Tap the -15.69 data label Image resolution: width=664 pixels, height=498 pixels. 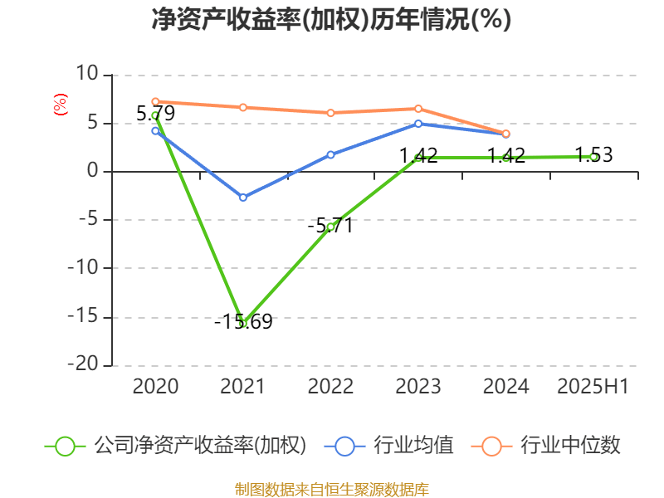pyautogui.click(x=243, y=322)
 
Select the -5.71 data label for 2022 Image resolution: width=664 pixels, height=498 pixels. pyautogui.click(x=330, y=225)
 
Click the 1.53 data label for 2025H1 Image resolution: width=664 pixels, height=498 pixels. pyautogui.click(x=593, y=155)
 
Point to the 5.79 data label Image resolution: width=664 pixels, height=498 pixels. pyautogui.click(x=156, y=114)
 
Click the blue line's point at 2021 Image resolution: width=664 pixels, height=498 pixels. pyautogui.click(x=243, y=198)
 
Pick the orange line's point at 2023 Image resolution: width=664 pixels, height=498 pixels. pyautogui.click(x=418, y=109)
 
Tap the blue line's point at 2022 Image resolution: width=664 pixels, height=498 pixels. pyautogui.click(x=330, y=154)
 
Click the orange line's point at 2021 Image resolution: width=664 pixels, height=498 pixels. pyautogui.click(x=243, y=107)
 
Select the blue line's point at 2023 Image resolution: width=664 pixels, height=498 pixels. pyautogui.click(x=418, y=124)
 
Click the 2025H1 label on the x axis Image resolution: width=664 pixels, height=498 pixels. pyautogui.click(x=593, y=386)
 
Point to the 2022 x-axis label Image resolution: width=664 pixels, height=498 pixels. pyautogui.click(x=330, y=386)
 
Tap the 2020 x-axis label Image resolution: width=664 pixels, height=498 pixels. pyautogui.click(x=156, y=386)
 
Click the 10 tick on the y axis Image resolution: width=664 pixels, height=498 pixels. pyautogui.click(x=88, y=75)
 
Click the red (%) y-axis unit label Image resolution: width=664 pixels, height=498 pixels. pyautogui.click(x=59, y=104)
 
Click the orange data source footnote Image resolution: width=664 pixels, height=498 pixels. pyautogui.click(x=331, y=489)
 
